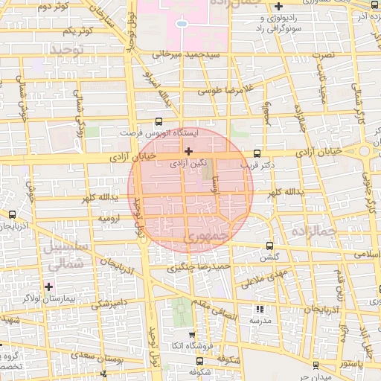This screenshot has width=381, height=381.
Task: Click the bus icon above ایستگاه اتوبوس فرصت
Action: [x=158, y=122]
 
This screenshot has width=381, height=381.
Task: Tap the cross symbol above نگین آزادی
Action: [x=188, y=151]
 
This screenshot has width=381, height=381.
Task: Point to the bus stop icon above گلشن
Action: [x=269, y=246]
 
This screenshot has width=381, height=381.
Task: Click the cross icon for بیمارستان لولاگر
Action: [x=49, y=286]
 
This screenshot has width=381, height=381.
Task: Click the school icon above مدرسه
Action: [x=259, y=308]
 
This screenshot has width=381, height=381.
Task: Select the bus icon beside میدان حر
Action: [x=316, y=365]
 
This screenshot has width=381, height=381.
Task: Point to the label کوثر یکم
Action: [x=77, y=31]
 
